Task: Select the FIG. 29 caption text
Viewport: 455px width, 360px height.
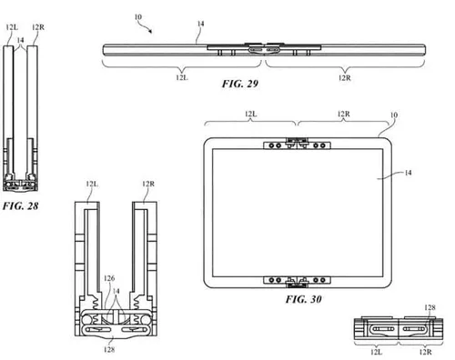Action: point(241,82)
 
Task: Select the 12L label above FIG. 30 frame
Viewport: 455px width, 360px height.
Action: point(249,115)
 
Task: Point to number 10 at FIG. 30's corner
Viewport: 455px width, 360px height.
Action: point(395,115)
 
